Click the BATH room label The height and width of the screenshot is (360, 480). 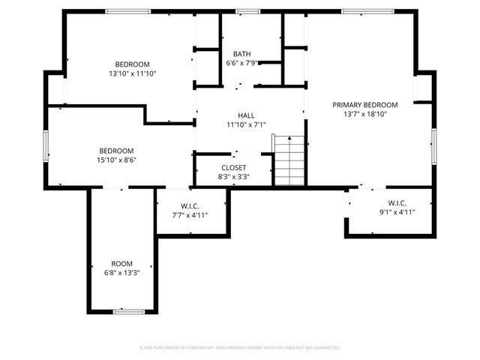(x=241, y=54)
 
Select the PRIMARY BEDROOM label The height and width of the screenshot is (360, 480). (x=365, y=105)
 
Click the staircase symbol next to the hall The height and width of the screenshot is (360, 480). (x=289, y=160)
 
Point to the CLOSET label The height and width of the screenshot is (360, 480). (x=234, y=167)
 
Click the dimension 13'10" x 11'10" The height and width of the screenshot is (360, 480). (x=132, y=73)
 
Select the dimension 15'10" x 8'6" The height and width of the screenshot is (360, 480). (x=116, y=159)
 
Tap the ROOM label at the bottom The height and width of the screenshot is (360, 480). (x=121, y=263)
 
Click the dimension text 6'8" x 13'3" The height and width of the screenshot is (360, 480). (x=121, y=272)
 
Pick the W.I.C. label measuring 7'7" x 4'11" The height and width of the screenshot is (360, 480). (x=190, y=206)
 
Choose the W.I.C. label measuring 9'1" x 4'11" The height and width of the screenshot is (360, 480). (x=397, y=203)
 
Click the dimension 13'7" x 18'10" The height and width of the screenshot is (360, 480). (x=365, y=114)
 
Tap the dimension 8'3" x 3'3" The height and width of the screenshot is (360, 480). (x=234, y=176)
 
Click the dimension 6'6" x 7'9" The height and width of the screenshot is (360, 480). (x=241, y=63)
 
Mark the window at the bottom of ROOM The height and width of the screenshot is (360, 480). (x=128, y=310)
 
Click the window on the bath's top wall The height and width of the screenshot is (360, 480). (x=247, y=11)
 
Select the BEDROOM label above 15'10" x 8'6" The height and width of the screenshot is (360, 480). (x=116, y=150)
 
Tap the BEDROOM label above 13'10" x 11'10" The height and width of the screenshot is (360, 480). (x=132, y=64)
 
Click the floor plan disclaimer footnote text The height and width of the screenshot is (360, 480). (x=240, y=348)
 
